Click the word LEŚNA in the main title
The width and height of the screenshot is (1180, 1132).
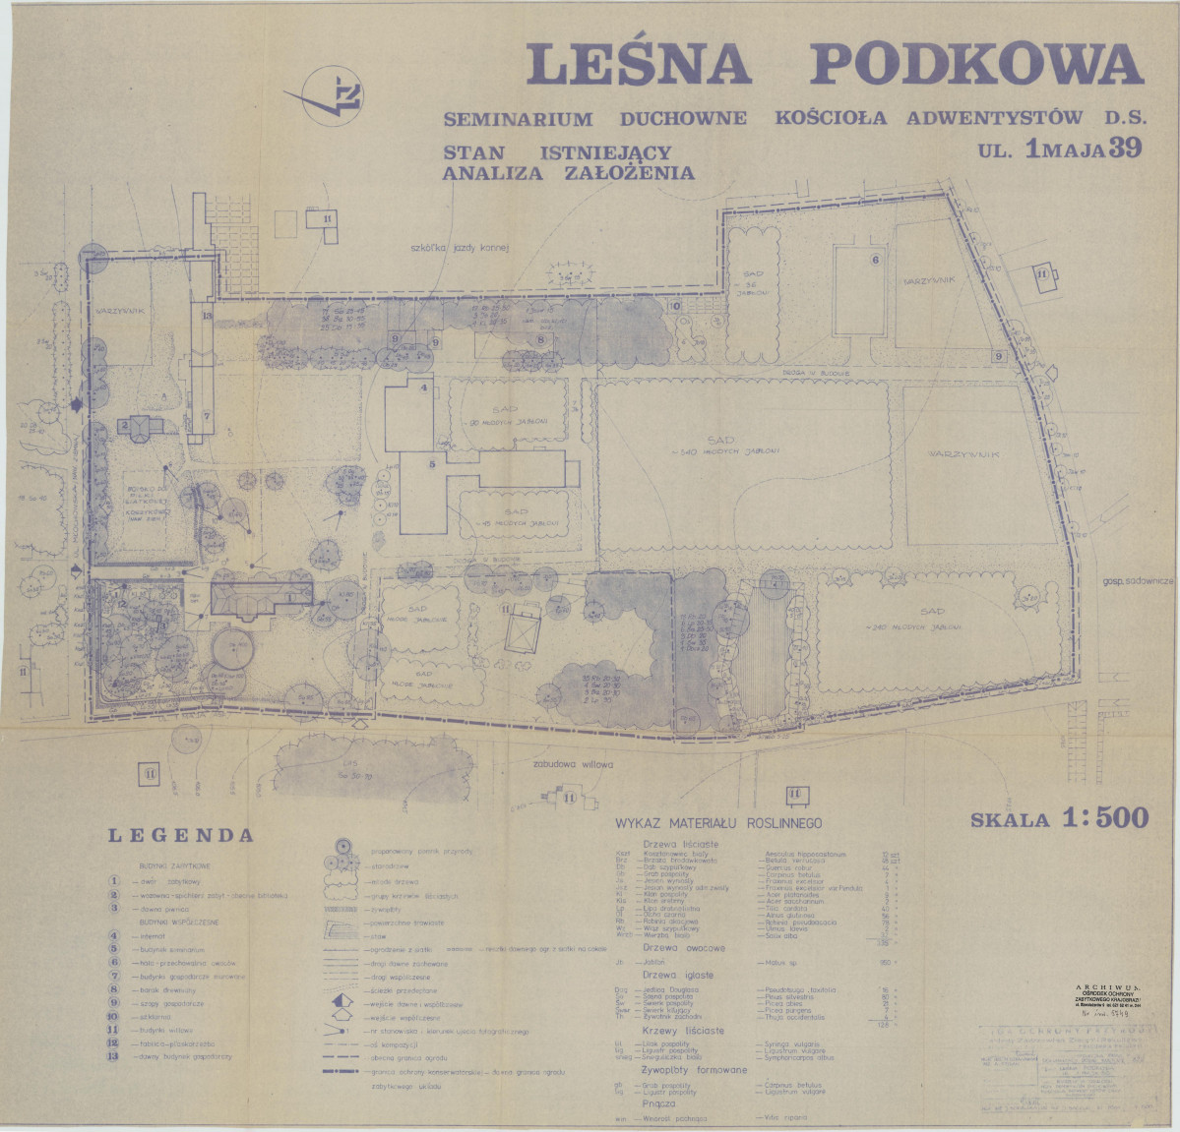coord(640,64)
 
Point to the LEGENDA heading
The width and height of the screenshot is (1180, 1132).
coord(180,837)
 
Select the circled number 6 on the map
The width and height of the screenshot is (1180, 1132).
coord(874,260)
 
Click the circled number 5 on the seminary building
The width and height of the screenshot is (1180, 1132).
coord(431,463)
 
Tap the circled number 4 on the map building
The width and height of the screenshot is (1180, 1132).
coord(424,387)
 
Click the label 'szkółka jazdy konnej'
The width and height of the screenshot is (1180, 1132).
coord(460,250)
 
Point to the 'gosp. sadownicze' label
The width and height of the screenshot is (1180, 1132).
coord(1139,581)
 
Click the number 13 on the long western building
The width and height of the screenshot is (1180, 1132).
coord(207,316)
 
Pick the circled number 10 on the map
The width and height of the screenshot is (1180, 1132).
coord(676,306)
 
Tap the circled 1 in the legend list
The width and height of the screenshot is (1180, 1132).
coord(115,881)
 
